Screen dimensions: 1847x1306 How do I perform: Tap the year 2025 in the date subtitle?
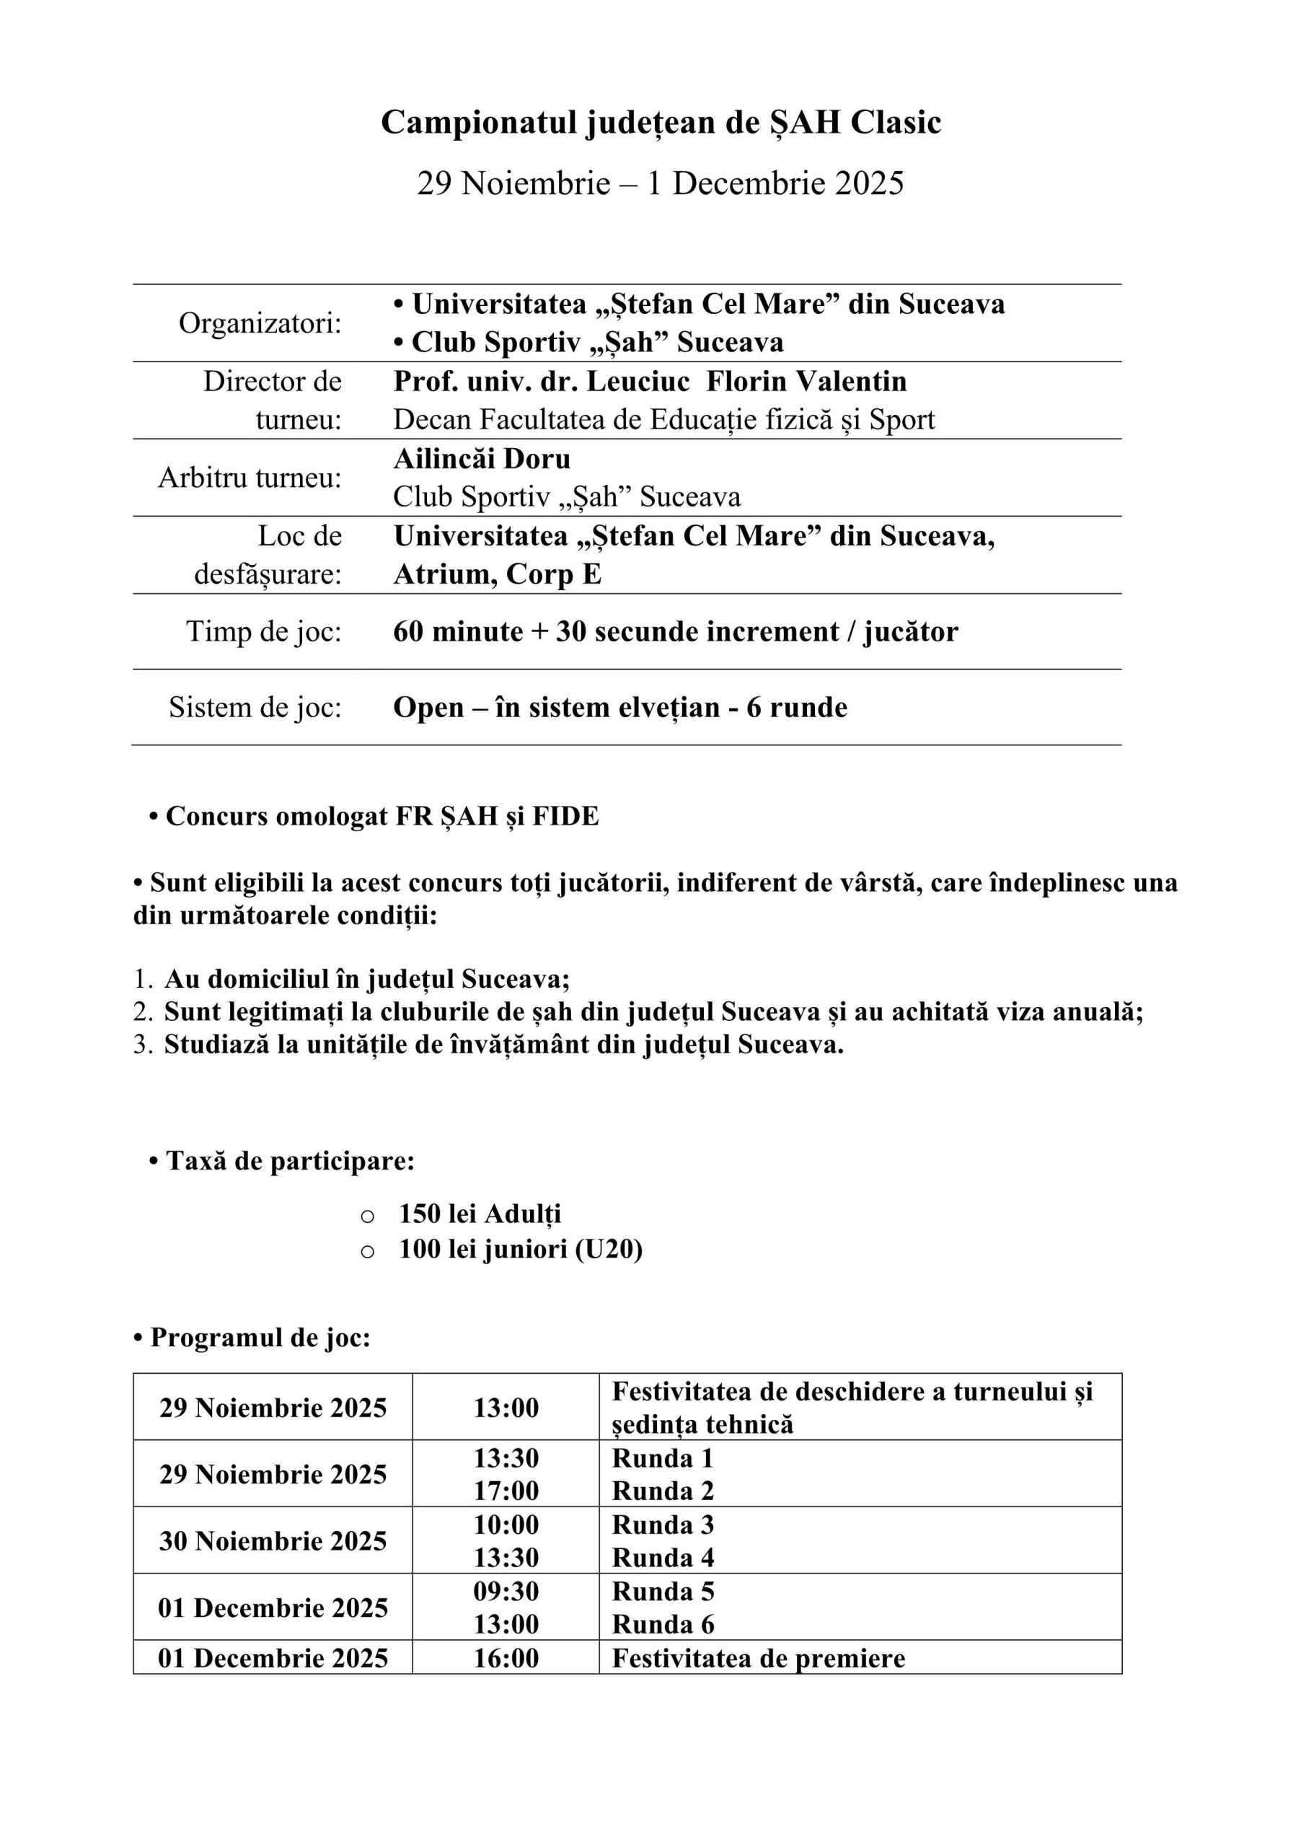(x=868, y=183)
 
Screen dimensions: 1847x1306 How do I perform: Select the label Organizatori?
(x=260, y=323)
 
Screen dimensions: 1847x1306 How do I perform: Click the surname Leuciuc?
(x=637, y=382)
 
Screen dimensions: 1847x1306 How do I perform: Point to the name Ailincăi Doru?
(x=482, y=459)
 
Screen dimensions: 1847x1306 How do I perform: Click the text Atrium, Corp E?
(x=497, y=574)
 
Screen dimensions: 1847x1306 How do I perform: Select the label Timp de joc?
(x=264, y=631)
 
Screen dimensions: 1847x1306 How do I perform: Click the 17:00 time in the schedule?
(x=506, y=1491)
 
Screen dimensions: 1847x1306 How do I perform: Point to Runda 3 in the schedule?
(x=663, y=1524)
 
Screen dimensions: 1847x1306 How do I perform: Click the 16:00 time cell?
(x=506, y=1658)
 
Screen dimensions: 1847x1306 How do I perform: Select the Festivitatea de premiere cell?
(x=759, y=1658)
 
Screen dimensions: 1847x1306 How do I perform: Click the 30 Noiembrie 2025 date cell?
(x=273, y=1540)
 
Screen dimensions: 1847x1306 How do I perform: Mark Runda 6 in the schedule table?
(x=663, y=1624)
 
